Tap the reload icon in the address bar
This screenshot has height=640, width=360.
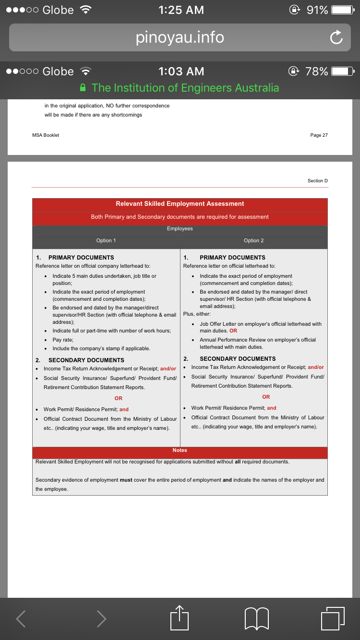336,38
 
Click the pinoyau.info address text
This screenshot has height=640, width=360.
180,37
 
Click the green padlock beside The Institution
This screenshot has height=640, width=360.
83,88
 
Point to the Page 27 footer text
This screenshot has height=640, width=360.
319,135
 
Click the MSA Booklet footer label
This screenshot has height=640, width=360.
46,135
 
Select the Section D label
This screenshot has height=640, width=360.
317,181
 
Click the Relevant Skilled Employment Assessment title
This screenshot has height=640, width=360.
180,204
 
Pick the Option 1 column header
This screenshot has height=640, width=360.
106,240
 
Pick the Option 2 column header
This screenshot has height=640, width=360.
253,240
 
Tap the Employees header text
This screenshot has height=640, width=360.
180,229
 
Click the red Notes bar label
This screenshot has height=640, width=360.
180,450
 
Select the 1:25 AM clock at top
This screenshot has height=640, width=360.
181,10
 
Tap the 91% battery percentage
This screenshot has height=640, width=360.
317,10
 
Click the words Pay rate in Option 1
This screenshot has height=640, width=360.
63,340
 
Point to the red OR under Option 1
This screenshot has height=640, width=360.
119,398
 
